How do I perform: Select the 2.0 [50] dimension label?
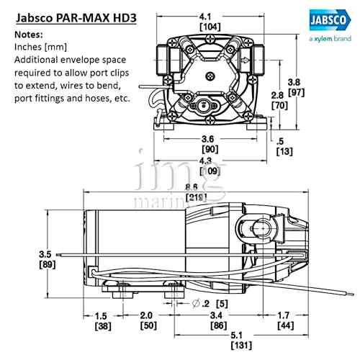coord(146,320)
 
